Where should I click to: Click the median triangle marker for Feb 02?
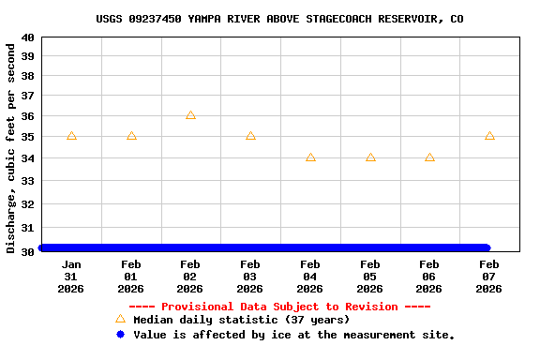(190, 115)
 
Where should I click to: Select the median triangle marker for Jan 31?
(71, 136)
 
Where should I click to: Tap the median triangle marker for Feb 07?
(489, 136)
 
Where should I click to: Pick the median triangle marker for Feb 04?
(310, 157)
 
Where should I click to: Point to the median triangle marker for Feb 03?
(250, 136)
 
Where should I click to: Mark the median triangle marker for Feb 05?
(370, 157)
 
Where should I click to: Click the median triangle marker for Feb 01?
(131, 136)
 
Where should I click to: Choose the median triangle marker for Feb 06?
(429, 157)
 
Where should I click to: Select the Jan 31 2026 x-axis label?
(71, 277)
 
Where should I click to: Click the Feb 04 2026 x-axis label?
(310, 277)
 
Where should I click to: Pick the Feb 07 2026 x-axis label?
(489, 277)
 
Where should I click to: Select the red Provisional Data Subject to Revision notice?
(279, 307)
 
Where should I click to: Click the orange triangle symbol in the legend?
(120, 320)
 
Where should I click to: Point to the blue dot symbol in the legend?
(120, 335)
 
